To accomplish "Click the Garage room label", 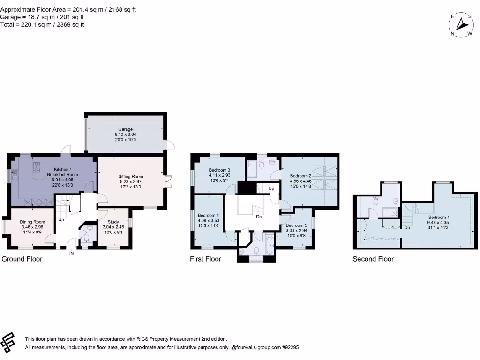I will [125, 129].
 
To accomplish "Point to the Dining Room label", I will [32, 222].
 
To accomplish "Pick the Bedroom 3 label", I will [219, 170].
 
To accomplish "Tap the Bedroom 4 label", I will [208, 215].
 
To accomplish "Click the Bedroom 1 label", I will [439, 217].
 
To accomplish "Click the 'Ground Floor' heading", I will [22, 259].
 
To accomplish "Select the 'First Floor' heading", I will [205, 259].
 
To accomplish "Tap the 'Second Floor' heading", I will [373, 259].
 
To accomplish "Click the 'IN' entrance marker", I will [72, 253].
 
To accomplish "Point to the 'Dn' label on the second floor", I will [407, 228].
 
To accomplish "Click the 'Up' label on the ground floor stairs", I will [61, 219].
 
